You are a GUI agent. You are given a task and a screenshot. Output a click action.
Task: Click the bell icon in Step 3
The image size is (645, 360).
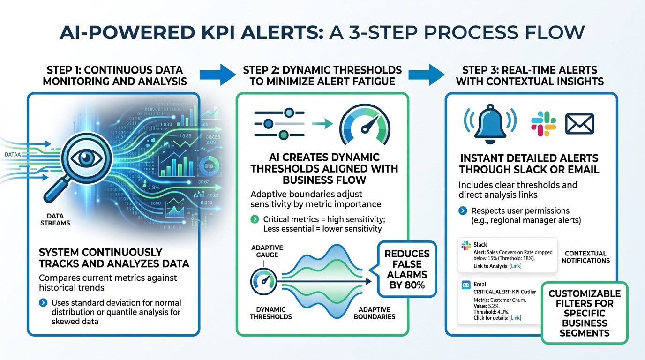[489, 123]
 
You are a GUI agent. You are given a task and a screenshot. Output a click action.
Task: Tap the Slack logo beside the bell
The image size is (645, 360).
[543, 124]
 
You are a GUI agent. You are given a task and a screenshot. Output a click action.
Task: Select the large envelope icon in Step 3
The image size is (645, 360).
[579, 124]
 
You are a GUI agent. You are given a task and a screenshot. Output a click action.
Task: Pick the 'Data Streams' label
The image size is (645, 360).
[59, 219]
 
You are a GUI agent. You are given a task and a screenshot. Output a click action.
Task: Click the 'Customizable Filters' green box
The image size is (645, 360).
[584, 313]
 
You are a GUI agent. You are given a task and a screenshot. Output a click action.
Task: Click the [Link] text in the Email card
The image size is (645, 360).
[515, 318]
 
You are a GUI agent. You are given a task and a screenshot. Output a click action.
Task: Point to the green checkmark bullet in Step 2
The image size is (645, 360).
[255, 219]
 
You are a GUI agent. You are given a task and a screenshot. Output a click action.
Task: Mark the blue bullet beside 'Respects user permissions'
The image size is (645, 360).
[463, 211]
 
